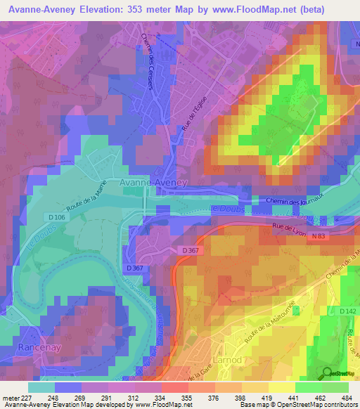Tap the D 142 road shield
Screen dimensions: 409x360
(347, 311)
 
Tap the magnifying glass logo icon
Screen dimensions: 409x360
(326, 373)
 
